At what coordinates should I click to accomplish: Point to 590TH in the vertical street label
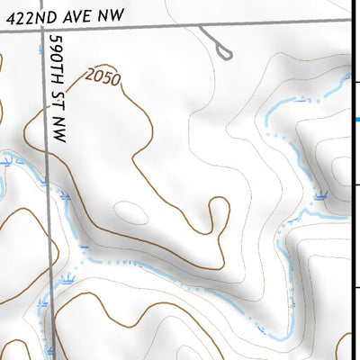(59, 56)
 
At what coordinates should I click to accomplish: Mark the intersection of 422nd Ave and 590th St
(41, 31)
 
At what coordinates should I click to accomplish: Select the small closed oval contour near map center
(131, 212)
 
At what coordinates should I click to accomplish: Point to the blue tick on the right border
(355, 118)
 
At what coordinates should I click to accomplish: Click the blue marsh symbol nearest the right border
(321, 194)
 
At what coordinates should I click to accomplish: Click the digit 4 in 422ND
(7, 16)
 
